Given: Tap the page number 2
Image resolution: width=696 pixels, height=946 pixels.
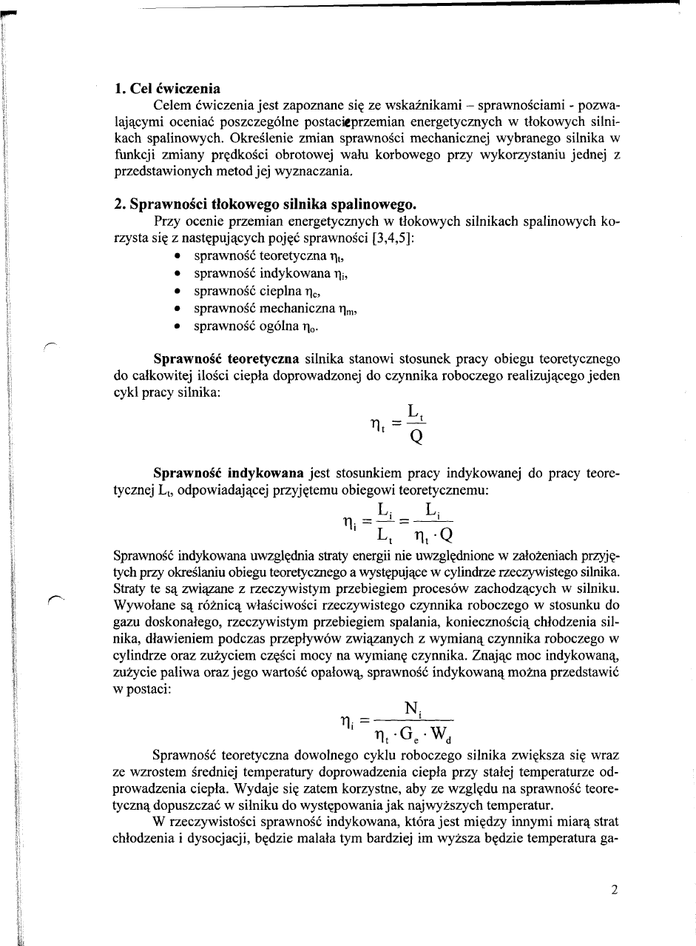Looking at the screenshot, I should [614, 890].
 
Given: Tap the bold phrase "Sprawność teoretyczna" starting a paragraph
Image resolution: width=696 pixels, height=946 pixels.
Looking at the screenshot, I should [226, 359].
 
